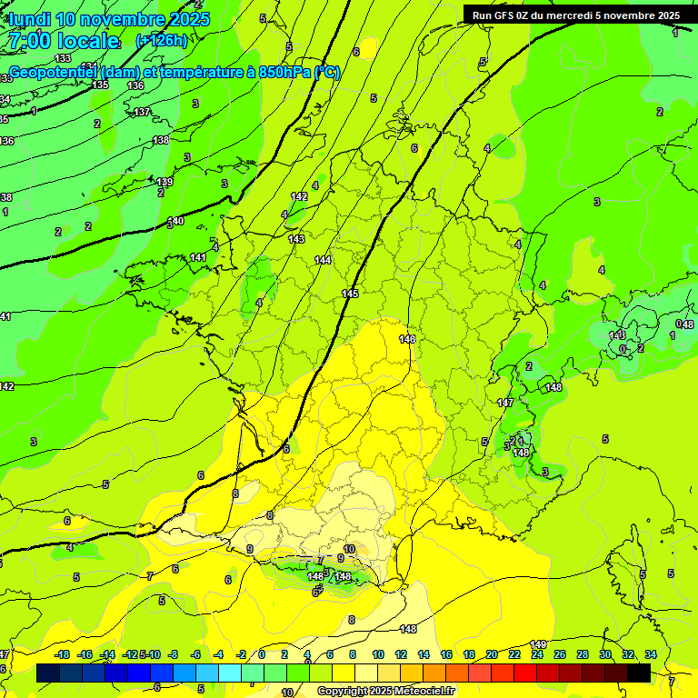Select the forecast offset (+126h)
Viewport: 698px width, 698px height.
point(161,41)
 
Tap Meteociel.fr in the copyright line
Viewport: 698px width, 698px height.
point(420,692)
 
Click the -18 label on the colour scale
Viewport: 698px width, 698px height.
point(62,655)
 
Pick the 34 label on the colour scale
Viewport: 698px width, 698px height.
point(651,655)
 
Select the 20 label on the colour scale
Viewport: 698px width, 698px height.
point(492,655)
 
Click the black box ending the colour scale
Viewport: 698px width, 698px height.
point(639,673)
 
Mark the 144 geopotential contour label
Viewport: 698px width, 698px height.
point(323,260)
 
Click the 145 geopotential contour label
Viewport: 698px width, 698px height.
point(350,294)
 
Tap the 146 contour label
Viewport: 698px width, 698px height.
point(407,339)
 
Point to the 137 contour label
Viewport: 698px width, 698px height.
point(142,112)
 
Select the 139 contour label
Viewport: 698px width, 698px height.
point(165,182)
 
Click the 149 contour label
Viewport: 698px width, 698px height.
point(538,644)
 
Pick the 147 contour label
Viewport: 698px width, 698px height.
point(506,402)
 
